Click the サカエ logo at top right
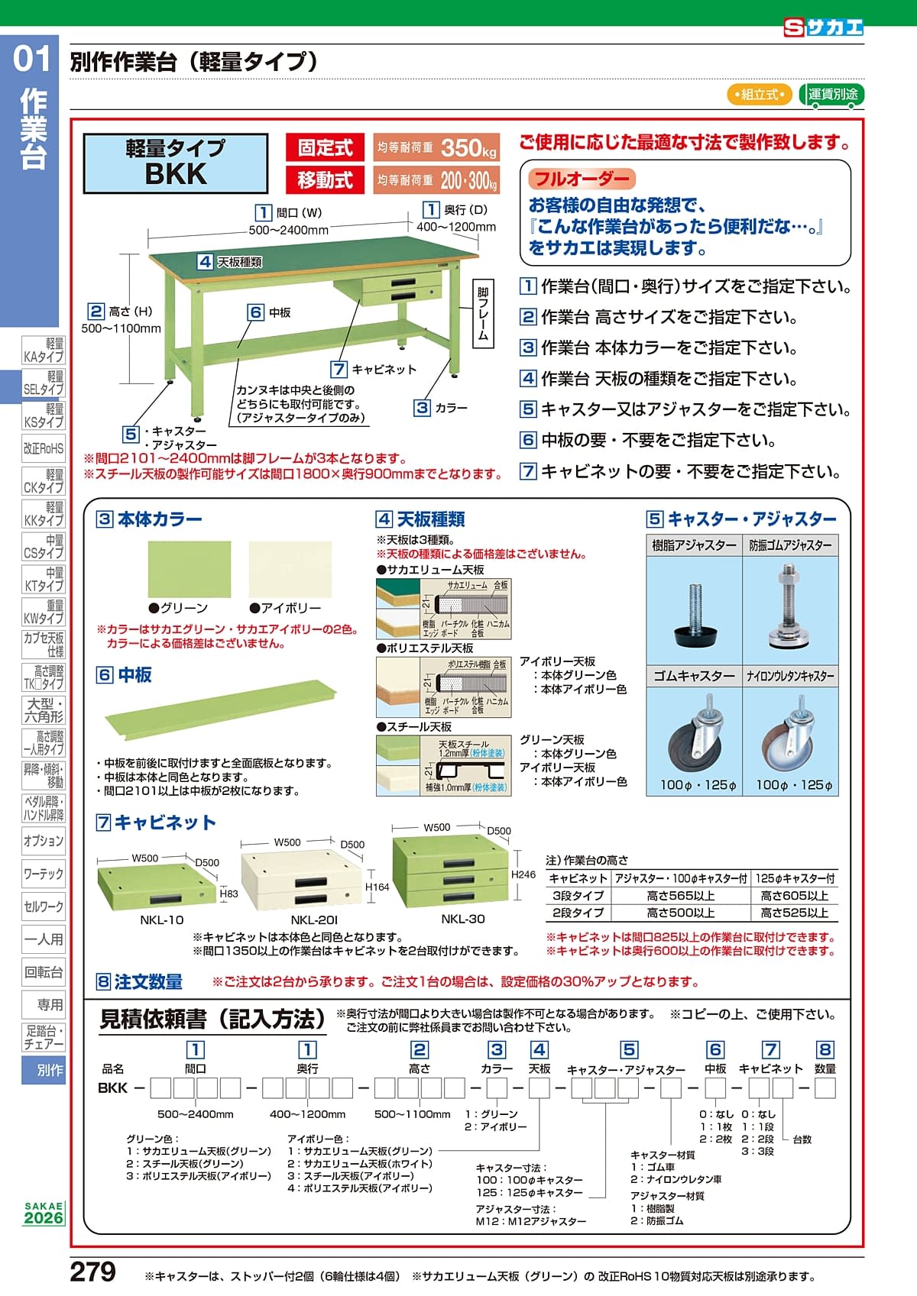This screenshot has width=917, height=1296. (824, 28)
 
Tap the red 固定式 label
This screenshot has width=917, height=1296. (325, 147)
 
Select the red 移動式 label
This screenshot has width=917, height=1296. (325, 180)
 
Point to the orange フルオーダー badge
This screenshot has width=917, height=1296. (582, 179)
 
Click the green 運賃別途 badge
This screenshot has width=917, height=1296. (832, 95)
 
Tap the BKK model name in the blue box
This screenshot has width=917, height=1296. (176, 174)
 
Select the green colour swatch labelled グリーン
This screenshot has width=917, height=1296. (189, 569)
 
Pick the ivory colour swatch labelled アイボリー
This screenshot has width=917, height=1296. (290, 569)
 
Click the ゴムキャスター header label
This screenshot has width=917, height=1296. (694, 676)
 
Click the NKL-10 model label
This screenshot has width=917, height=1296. (162, 920)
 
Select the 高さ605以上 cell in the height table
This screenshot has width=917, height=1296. (794, 896)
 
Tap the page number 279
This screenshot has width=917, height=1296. (93, 1272)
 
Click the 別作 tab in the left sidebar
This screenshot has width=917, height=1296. (44, 1070)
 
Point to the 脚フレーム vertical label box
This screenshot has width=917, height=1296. (483, 313)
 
